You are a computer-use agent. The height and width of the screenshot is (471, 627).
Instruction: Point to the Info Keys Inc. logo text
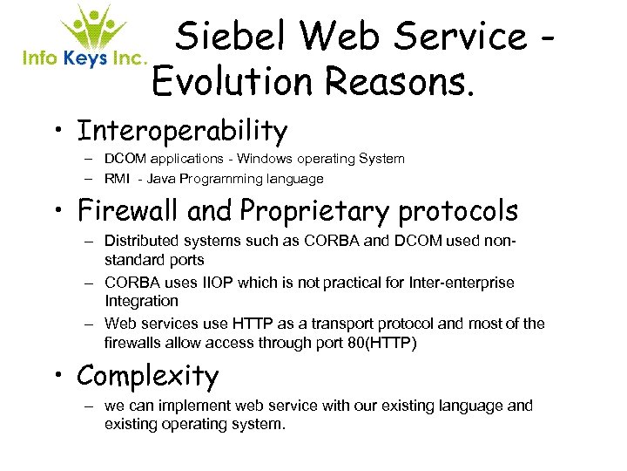tap(84, 58)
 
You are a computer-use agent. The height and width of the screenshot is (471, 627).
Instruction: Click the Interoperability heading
tap(182, 132)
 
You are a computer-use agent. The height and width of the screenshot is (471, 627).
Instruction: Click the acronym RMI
tap(119, 179)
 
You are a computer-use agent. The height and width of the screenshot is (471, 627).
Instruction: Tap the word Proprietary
tap(321, 210)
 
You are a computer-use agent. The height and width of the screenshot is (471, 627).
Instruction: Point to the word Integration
tap(141, 300)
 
